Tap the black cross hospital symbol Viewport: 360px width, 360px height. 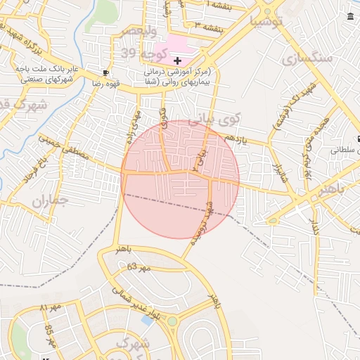[177, 62]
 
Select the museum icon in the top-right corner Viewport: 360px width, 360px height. [351, 17]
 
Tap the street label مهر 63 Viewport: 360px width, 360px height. [140, 268]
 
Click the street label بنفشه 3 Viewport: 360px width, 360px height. [208, 26]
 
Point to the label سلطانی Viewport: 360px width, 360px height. [345, 150]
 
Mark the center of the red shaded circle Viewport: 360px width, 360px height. [180, 179]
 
